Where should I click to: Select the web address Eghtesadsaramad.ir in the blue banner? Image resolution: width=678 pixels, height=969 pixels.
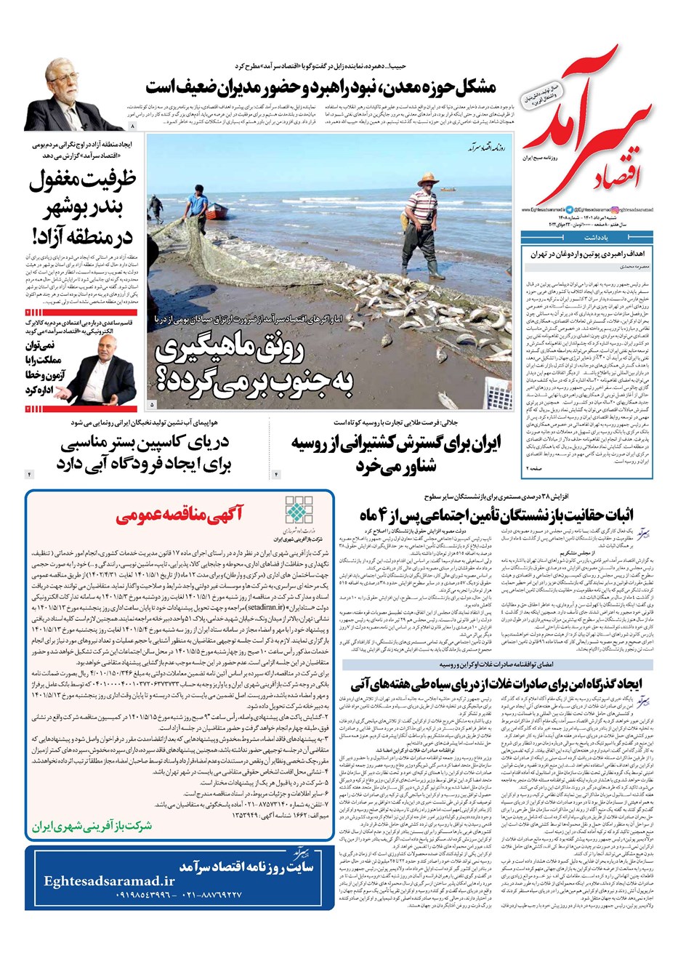[105, 881]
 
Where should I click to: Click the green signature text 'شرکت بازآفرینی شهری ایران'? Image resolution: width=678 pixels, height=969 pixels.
[92, 827]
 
